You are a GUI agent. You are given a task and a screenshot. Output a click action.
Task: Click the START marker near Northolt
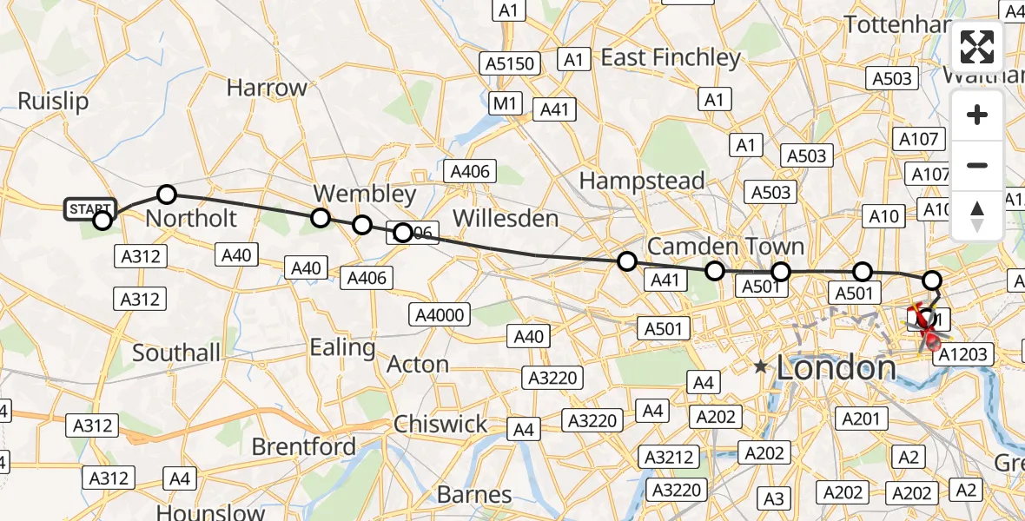(x=90, y=209)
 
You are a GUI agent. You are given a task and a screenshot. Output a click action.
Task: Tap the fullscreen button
(x=977, y=47)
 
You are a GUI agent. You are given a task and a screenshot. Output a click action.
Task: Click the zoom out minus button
(x=977, y=165)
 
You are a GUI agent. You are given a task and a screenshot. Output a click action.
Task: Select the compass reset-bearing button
(x=977, y=215)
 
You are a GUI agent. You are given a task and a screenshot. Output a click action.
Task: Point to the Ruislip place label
(x=53, y=102)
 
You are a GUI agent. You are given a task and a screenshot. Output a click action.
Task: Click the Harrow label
(x=267, y=88)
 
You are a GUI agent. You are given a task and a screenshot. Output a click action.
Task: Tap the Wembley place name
(x=365, y=193)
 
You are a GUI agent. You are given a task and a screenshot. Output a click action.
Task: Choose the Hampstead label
(x=642, y=181)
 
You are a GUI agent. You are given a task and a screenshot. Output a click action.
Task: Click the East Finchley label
(x=671, y=58)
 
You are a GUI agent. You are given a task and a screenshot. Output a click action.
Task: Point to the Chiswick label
(x=440, y=424)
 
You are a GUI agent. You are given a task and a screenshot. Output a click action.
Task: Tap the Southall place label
(x=176, y=353)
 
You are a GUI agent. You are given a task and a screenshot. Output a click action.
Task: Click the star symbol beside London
(x=762, y=366)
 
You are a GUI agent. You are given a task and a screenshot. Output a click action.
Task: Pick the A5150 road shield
(x=511, y=63)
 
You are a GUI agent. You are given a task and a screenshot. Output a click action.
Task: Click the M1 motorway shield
(x=505, y=104)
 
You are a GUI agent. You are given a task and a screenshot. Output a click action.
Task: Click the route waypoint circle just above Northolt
(x=167, y=194)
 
